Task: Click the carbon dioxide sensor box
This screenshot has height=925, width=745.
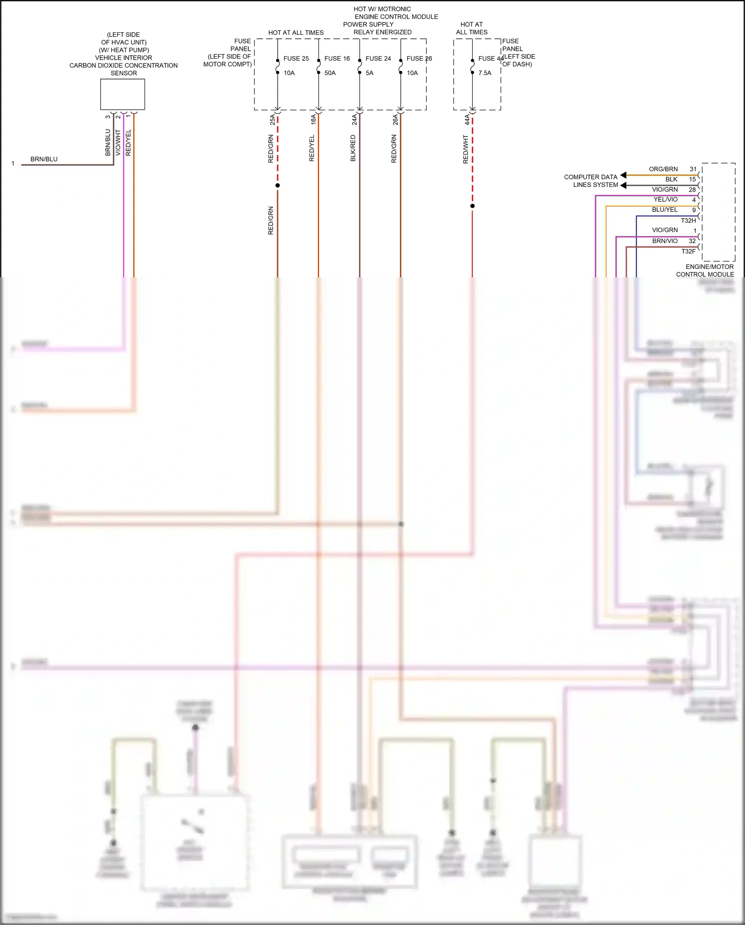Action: (122, 94)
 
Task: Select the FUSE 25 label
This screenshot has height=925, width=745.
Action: (296, 59)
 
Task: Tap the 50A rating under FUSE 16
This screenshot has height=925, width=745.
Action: (330, 73)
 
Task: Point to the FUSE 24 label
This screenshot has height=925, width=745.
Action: (378, 59)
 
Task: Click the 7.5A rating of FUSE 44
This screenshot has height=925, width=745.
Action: (485, 73)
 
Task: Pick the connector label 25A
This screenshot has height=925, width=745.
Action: (272, 120)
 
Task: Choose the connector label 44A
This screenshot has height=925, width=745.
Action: (467, 120)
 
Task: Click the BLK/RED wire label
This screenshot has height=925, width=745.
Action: (353, 148)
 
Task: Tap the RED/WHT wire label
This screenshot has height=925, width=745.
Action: (465, 149)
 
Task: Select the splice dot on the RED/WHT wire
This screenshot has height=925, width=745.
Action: (472, 206)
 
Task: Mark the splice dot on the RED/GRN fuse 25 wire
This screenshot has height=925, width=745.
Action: (278, 185)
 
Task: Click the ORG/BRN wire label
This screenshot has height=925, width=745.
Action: (663, 169)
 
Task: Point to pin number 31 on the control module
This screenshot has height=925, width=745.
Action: (693, 169)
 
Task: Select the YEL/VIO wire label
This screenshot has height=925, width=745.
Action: (665, 199)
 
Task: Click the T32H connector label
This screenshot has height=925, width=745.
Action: (688, 220)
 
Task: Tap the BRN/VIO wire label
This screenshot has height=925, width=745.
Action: (665, 241)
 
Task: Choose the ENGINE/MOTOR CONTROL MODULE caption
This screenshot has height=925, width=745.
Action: (705, 270)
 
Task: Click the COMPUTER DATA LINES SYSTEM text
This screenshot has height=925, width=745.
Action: (591, 181)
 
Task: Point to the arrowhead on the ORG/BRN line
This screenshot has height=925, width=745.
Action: (623, 175)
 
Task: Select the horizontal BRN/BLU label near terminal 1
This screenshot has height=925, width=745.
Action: (44, 159)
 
